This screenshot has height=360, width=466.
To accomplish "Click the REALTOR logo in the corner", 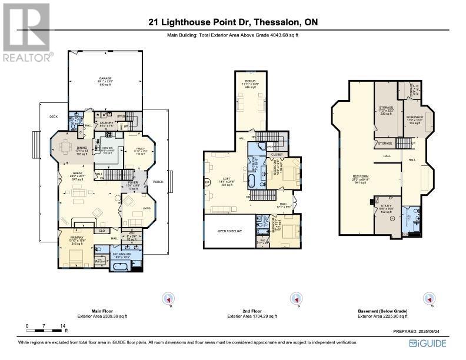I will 26,32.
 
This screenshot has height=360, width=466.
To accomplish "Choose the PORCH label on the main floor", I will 158,182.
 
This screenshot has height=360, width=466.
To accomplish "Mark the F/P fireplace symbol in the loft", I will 207,182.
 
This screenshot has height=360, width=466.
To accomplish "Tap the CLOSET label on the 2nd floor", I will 277,154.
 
